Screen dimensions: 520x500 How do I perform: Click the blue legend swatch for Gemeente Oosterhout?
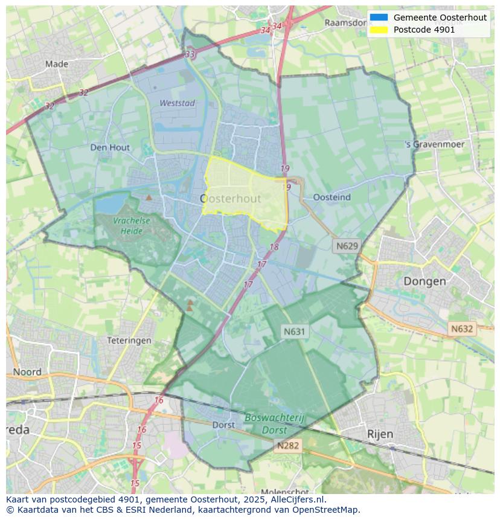(x=379, y=18)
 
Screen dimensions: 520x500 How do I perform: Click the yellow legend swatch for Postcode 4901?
(x=379, y=30)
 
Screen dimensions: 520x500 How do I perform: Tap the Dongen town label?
(x=425, y=281)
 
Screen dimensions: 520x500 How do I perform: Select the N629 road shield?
(x=347, y=246)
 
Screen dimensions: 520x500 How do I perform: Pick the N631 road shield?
(x=295, y=331)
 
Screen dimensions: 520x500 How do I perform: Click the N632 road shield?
(x=462, y=329)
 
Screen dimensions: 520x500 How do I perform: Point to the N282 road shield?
(x=288, y=446)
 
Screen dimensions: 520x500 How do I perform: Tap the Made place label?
(x=57, y=64)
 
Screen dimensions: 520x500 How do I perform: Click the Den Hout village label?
(x=110, y=147)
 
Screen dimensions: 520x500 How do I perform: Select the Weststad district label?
(x=177, y=103)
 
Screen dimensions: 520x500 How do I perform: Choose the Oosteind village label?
(x=332, y=197)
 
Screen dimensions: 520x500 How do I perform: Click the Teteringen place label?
(x=129, y=341)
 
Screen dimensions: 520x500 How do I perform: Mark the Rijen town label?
(x=380, y=434)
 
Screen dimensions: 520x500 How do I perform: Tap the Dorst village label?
(x=223, y=425)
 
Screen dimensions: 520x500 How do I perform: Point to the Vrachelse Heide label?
(x=131, y=225)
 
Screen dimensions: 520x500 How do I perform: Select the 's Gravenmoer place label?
(x=435, y=144)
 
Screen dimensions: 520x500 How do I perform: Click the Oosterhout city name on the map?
(x=230, y=199)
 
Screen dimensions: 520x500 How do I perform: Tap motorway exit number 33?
(x=190, y=54)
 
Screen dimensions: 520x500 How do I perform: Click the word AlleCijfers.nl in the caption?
(x=296, y=499)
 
